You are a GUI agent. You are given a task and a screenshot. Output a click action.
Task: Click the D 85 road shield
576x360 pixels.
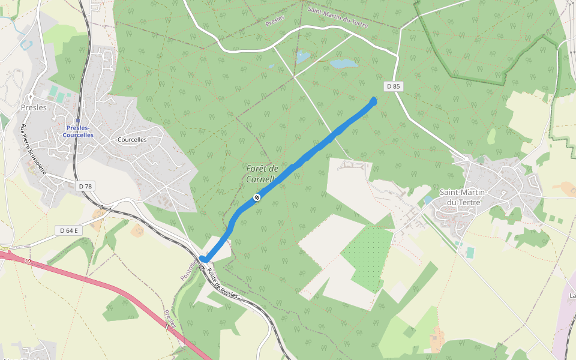click(394, 86)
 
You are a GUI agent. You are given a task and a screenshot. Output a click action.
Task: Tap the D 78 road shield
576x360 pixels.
click(86, 187)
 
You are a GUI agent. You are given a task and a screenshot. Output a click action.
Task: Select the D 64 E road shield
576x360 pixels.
click(70, 230)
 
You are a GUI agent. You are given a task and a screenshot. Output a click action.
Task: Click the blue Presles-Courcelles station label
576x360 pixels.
click(79, 131)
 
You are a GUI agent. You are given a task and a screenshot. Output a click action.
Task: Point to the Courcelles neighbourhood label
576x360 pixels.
click(132, 140)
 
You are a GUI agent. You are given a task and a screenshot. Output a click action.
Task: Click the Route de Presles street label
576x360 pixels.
click(223, 284)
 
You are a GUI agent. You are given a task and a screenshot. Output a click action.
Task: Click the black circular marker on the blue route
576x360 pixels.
click(257, 197)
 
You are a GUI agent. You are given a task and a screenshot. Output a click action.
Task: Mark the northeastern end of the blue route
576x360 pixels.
click(374, 100)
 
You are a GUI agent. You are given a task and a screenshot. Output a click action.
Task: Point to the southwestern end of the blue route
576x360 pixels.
click(203, 259)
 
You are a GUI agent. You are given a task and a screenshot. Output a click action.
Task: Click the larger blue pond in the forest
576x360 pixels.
click(344, 63)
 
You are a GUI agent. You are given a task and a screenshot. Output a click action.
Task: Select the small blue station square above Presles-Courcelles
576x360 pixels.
click(77, 120)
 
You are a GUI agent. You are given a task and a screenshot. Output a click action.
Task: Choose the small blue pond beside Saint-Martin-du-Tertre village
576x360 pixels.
click(427, 199)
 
